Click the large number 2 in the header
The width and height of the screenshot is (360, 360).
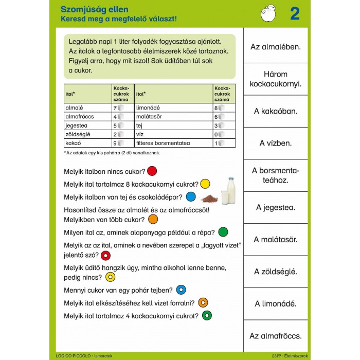click(295, 14)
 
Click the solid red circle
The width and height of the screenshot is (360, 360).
click(152, 171)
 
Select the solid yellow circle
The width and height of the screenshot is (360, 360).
click(205, 184)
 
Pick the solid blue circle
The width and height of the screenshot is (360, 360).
click(191, 196)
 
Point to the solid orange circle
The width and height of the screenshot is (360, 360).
click(153, 219)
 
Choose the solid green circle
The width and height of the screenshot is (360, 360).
click(223, 232)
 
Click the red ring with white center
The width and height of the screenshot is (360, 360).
click(106, 255)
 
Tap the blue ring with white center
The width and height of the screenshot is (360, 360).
click(181, 290)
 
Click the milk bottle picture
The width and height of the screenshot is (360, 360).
click(230, 191)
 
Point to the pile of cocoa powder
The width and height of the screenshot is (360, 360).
click(209, 199)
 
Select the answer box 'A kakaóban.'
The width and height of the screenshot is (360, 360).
click(276, 111)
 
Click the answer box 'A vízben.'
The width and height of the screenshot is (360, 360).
click(276, 143)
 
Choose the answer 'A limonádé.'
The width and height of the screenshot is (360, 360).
click(276, 303)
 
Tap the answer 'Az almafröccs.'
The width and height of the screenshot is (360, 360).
click(276, 335)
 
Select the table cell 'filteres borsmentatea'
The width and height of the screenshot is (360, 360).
click(163, 143)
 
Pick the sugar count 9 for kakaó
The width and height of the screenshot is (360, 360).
click(115, 143)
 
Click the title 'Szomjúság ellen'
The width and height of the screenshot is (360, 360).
click(95, 9)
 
